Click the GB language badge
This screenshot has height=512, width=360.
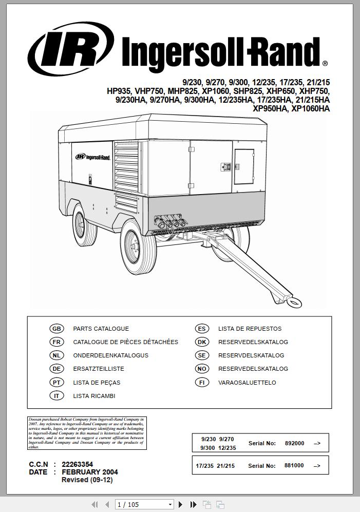coord(56,329)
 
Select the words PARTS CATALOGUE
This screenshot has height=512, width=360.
coord(101,329)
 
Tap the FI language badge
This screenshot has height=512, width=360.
coord(202,382)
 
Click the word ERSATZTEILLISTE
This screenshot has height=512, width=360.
coord(99,369)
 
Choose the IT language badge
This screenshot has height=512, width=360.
coord(56,396)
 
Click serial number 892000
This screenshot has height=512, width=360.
coord(294,443)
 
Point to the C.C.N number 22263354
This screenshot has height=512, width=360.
coord(78,464)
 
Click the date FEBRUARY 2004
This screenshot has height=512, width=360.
coord(90,472)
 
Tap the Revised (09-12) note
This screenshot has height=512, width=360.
coord(87,480)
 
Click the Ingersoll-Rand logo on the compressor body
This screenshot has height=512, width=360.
coord(92,157)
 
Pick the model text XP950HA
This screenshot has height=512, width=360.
coord(270,109)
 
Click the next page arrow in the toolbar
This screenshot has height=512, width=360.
coord(181,505)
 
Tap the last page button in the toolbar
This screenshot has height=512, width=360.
coord(194,505)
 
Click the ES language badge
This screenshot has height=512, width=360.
coord(202,329)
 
